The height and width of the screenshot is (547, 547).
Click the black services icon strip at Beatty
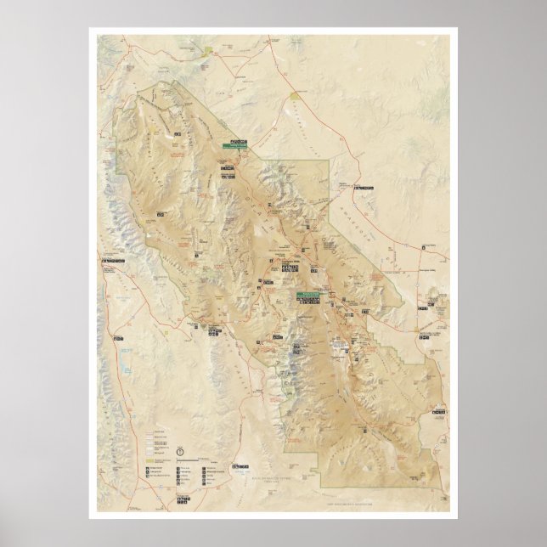[x=364, y=187]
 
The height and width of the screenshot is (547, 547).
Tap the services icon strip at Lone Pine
[x=112, y=260]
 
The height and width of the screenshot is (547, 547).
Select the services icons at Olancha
[x=112, y=339]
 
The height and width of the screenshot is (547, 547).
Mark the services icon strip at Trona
[x=240, y=466]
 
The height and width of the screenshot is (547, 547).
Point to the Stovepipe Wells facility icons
[x=290, y=268]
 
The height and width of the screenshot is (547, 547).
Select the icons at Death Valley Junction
[x=422, y=310]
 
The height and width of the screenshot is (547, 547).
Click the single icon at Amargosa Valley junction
[x=422, y=247]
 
